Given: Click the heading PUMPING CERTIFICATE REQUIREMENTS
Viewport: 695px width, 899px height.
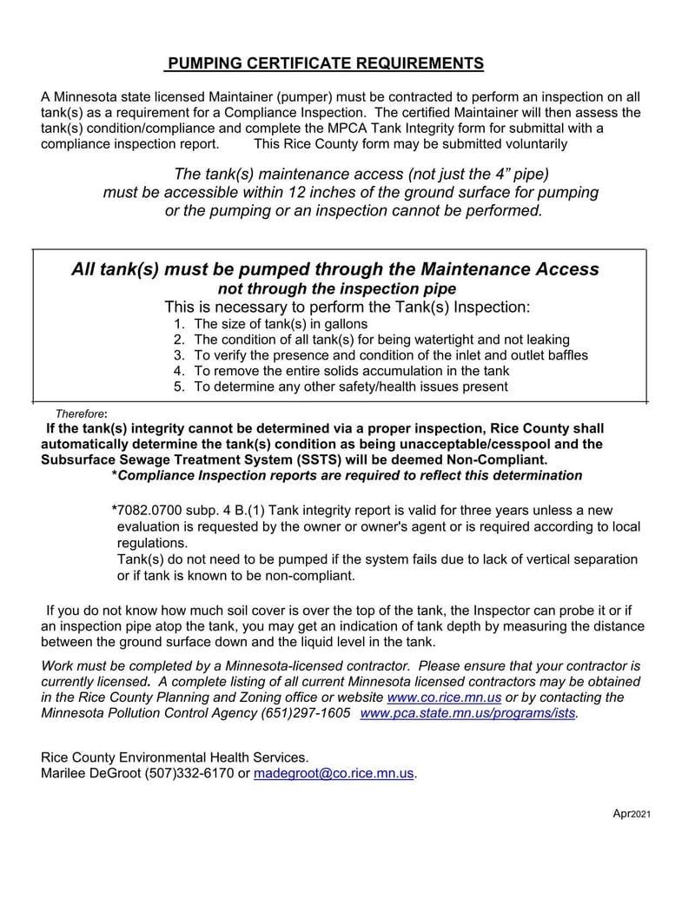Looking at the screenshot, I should (x=325, y=63).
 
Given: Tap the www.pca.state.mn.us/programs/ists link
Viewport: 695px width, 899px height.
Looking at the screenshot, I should (x=468, y=713).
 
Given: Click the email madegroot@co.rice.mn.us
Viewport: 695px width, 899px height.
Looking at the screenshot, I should (x=334, y=773).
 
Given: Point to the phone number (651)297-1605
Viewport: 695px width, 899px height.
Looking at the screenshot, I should (x=306, y=713).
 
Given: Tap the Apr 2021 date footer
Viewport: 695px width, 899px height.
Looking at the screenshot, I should (x=632, y=813).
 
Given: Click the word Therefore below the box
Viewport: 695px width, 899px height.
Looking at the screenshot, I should (x=80, y=413).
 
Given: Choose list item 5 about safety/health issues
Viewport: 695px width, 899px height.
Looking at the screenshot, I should (x=350, y=387).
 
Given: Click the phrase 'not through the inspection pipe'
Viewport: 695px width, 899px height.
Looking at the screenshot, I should (x=336, y=288).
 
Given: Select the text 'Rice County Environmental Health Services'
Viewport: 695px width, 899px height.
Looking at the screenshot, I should (x=175, y=757).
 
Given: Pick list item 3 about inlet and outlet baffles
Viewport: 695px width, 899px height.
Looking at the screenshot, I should (x=390, y=355).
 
